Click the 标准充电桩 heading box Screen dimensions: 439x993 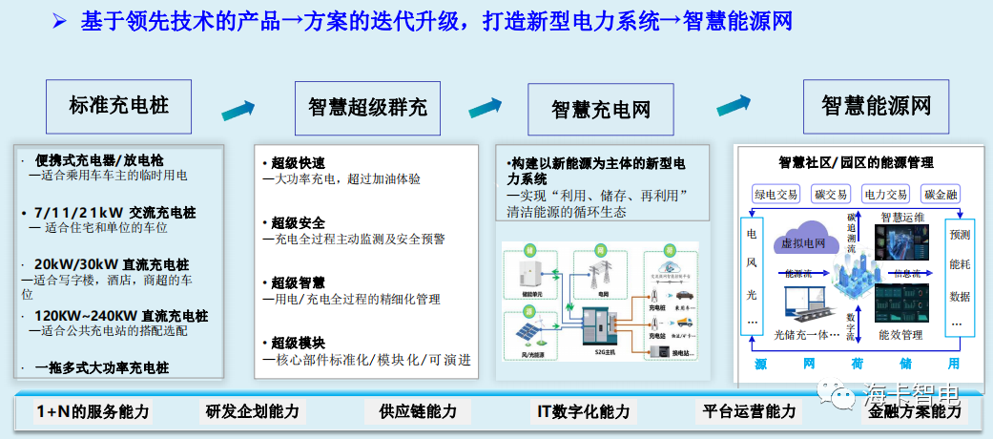coord(118,105)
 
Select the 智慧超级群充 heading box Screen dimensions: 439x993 coord(366,107)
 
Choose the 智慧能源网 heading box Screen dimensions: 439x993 coord(876,105)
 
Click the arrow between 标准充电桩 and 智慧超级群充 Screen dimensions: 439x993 coord(239,110)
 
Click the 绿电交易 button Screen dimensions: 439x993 coord(776,195)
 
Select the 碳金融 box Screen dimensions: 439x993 coord(941,195)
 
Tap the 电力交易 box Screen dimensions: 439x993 coord(886,195)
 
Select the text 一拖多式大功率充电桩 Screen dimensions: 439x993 coord(102,366)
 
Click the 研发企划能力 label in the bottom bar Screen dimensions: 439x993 coord(252,412)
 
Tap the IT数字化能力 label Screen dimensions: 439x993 coord(583,412)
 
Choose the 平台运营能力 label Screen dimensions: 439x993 coord(749,412)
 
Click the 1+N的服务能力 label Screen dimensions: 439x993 coord(93,412)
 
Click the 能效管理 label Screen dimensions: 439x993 coord(900,336)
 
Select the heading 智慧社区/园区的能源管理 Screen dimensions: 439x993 coord(856,163)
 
